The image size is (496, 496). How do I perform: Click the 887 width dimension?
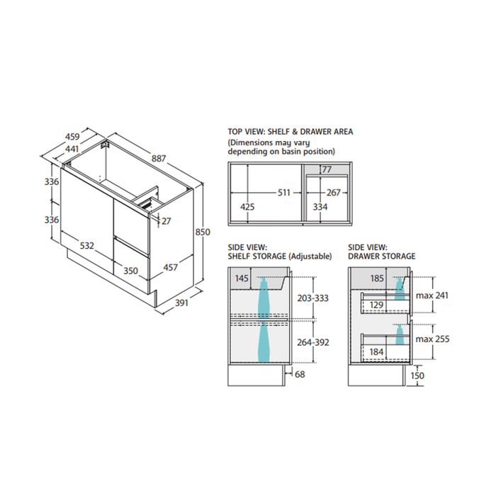click(159, 158)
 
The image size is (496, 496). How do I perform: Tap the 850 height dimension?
click(203, 232)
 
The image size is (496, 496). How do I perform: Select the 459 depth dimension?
click(72, 137)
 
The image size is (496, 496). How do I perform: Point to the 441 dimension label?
click(72, 149)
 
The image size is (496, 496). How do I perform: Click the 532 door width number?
click(86, 245)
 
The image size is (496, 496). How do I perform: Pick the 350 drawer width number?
click(130, 271)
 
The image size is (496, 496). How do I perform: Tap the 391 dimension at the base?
click(181, 303)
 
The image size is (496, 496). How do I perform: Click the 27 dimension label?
click(166, 221)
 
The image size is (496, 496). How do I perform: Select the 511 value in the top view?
click(283, 192)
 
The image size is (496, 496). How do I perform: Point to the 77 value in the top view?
click(327, 169)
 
